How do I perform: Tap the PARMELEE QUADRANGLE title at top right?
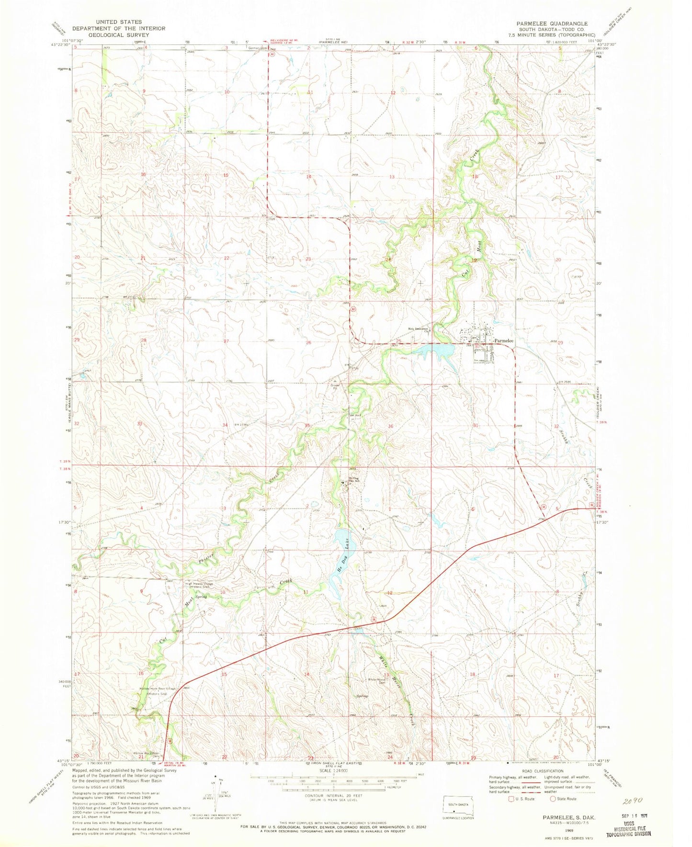(552, 23)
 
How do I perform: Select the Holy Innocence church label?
(418, 328)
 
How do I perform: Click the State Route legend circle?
(553, 799)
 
